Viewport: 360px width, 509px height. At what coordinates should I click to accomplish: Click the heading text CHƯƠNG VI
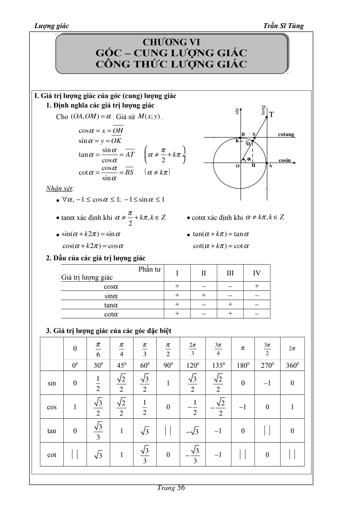click(171, 43)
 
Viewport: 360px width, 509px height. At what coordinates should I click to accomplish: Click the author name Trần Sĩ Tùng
click(283, 26)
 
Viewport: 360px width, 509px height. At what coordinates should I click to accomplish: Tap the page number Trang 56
click(171, 488)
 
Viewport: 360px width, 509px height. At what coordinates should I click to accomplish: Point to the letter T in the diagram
click(271, 114)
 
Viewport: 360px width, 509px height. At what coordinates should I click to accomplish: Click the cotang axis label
click(286, 135)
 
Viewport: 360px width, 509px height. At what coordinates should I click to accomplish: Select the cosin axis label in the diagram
click(285, 160)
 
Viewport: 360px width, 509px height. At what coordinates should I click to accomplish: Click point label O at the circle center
click(238, 166)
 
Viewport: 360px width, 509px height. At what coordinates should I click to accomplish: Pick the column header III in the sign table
click(230, 273)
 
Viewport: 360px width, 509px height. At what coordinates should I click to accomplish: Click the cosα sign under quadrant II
click(204, 286)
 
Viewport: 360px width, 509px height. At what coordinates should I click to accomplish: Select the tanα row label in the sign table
click(111, 305)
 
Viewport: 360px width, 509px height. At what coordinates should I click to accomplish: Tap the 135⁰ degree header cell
click(218, 365)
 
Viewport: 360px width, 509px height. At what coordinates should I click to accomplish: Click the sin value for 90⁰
click(168, 383)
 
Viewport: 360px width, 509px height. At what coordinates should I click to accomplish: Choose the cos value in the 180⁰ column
click(243, 407)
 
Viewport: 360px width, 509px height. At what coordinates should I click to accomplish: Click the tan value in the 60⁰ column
click(144, 431)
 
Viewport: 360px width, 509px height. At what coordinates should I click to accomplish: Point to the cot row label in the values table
click(52, 455)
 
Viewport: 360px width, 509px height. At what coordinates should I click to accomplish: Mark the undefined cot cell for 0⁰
click(75, 455)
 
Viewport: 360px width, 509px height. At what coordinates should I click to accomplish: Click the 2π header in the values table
click(292, 348)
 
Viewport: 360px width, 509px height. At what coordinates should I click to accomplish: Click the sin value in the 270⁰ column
click(267, 383)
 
